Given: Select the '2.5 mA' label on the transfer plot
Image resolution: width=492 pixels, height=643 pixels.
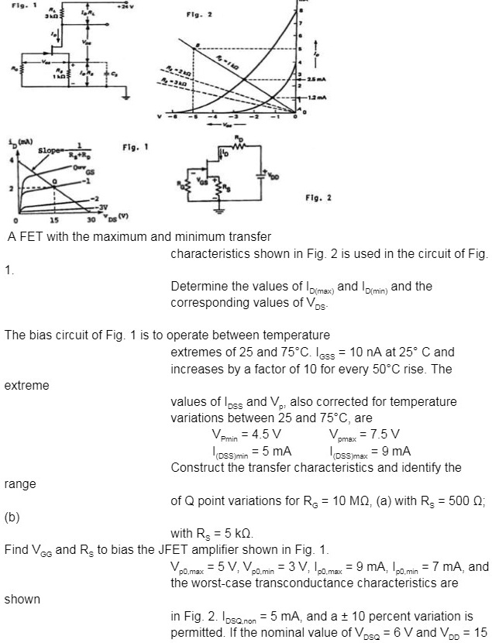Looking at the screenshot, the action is coord(315,80).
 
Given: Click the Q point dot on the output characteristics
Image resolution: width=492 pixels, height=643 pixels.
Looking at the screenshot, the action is coord(53,181).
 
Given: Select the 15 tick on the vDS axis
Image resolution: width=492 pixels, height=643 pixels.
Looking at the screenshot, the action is coord(52,223).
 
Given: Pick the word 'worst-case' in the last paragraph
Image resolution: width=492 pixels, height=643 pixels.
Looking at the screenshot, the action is coord(220,582).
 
